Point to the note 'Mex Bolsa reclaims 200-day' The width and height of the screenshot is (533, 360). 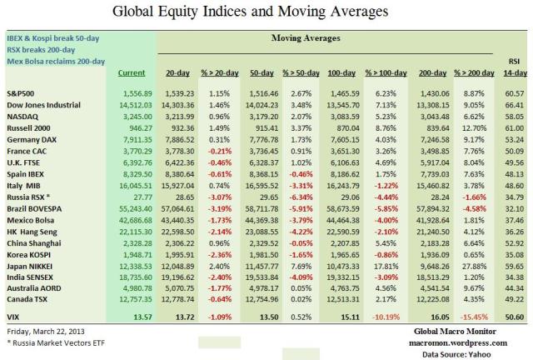click(x=56, y=60)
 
